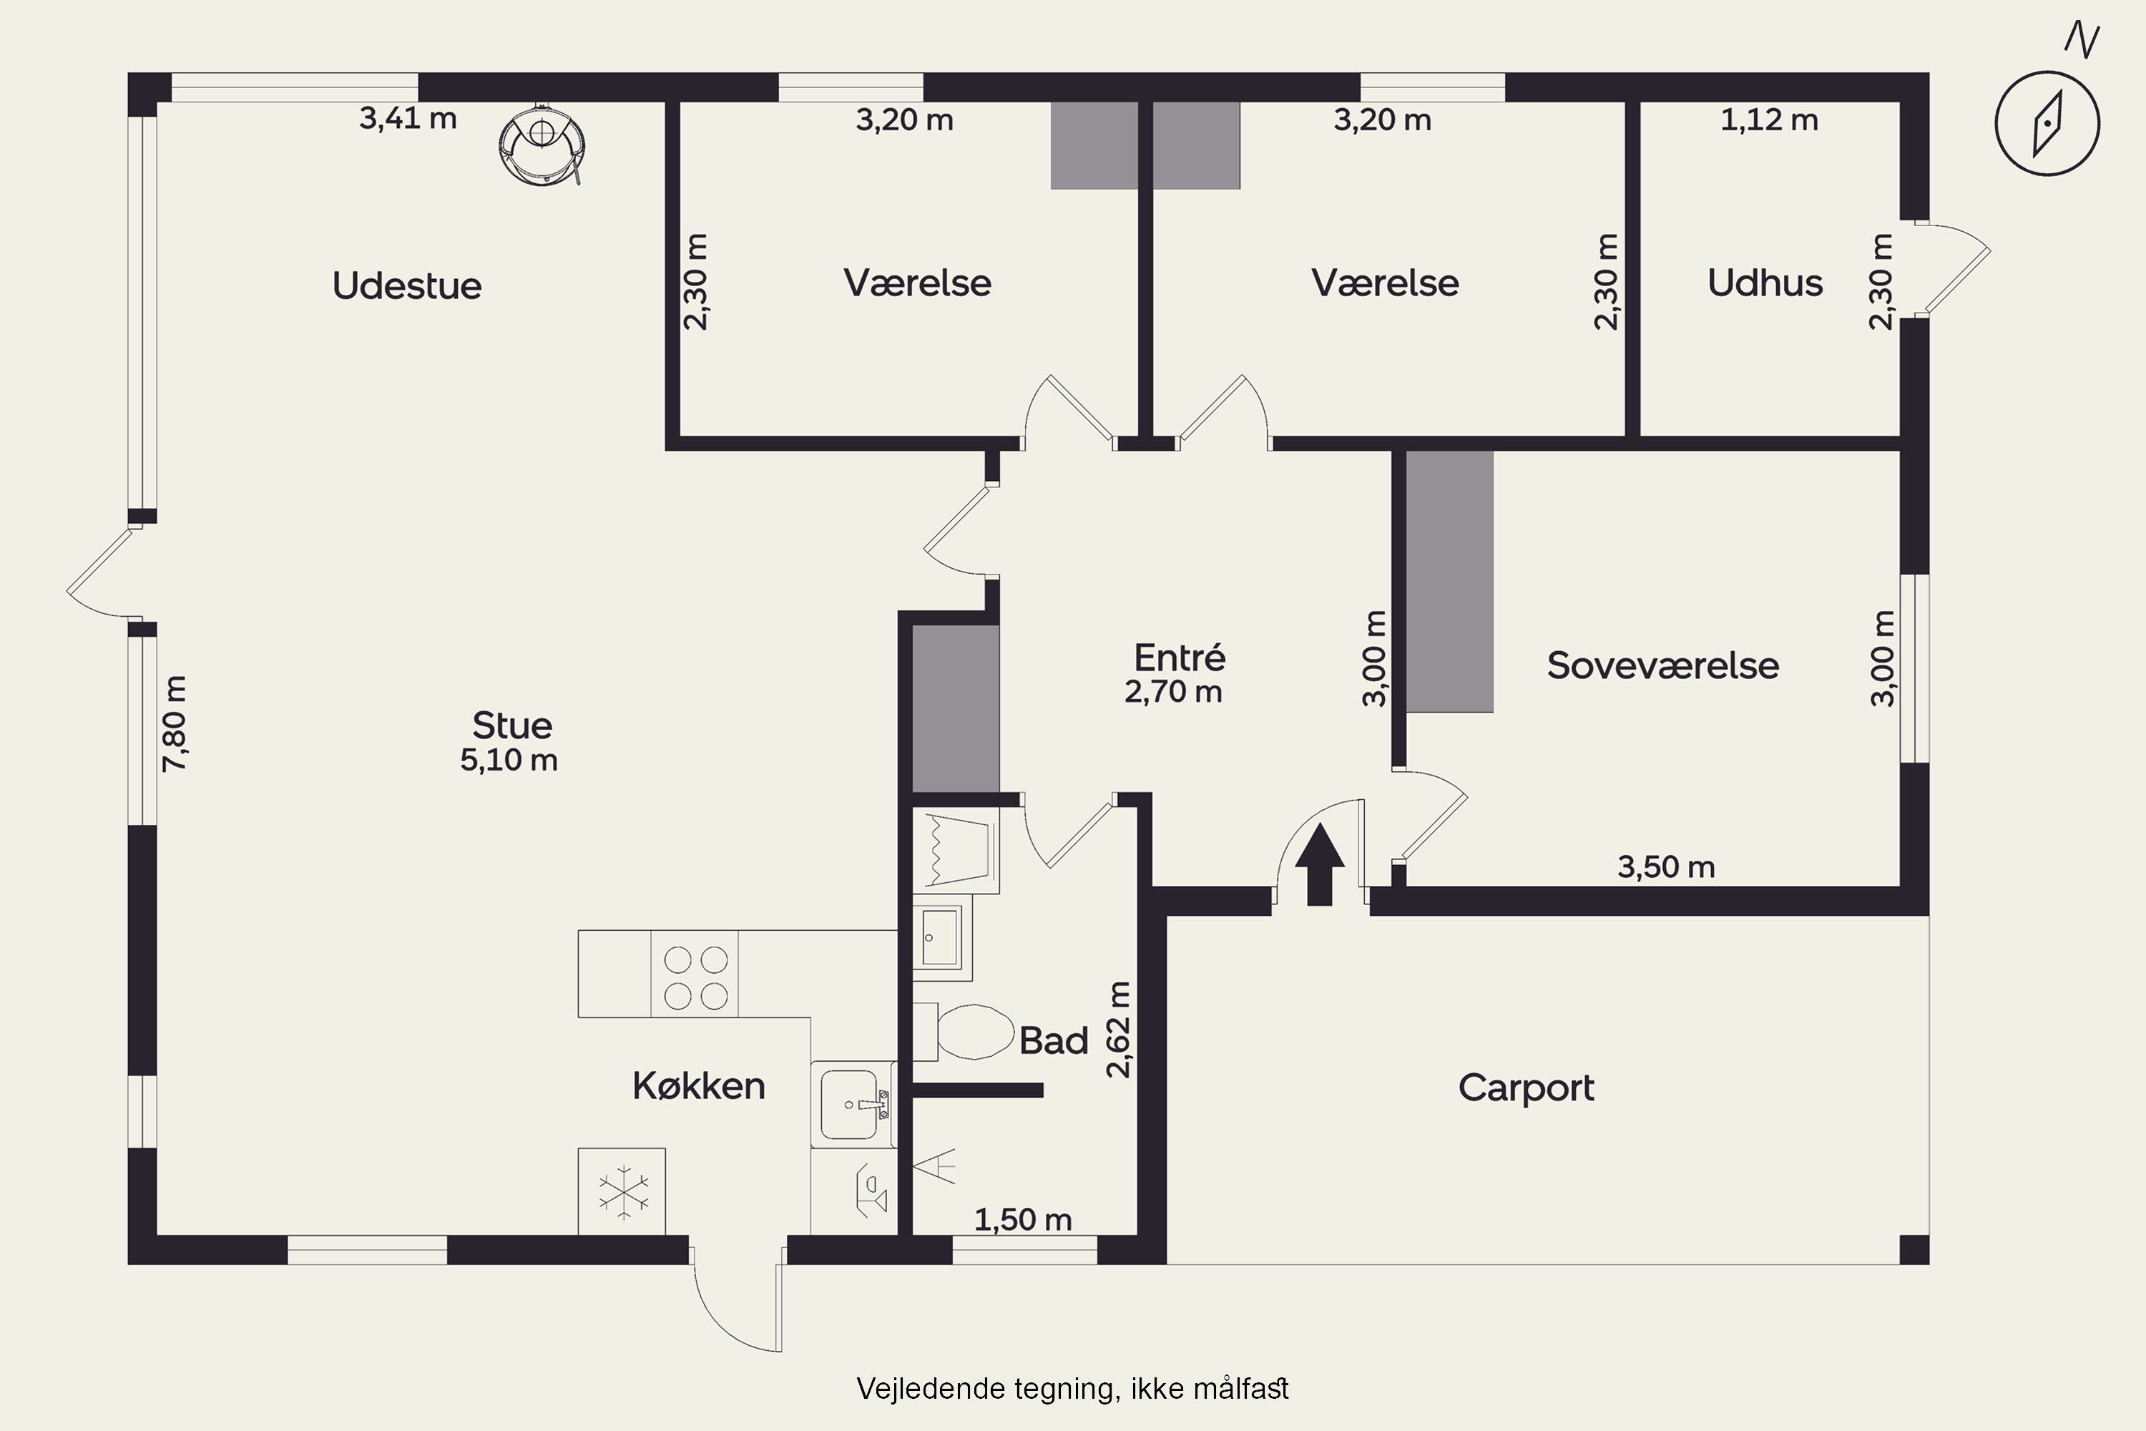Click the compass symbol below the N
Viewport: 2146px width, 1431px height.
click(2047, 124)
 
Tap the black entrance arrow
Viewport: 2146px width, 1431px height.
click(1319, 865)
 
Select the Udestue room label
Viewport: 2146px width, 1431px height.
click(407, 285)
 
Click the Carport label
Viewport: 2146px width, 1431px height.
click(1526, 1088)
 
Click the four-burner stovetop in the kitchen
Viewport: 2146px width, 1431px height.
click(695, 977)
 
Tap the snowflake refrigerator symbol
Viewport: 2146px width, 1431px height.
click(623, 1192)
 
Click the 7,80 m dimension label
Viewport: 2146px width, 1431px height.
click(175, 723)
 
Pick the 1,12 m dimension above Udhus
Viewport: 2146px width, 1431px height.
click(1768, 120)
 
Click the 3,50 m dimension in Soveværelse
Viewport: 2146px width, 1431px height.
click(1666, 867)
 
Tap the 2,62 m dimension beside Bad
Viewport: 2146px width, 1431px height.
click(1119, 1030)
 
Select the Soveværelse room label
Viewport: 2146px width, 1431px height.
click(1662, 665)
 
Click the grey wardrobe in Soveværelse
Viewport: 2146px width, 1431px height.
click(1449, 581)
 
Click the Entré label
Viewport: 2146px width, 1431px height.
click(1179, 657)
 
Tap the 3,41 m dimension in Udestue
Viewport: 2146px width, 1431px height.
click(408, 119)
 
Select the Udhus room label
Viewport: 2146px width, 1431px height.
click(1765, 283)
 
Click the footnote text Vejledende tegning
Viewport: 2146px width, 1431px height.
click(1072, 1389)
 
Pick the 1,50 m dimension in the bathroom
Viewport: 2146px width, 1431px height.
click(1023, 1219)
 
